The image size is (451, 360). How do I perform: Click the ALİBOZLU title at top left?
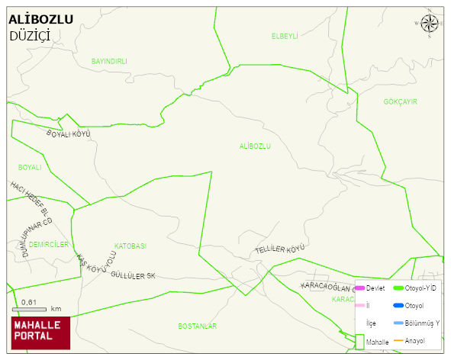[x=41, y=19]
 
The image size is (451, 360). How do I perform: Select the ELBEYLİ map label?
[x=284, y=36]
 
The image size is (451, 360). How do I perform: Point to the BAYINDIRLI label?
[x=108, y=61]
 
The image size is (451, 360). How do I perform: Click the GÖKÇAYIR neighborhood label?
[x=400, y=101]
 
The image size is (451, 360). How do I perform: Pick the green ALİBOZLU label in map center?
[x=254, y=146]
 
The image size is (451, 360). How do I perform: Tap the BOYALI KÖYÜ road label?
[x=69, y=134]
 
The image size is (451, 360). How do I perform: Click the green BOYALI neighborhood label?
[x=30, y=167]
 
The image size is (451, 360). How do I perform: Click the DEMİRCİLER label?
[x=50, y=245]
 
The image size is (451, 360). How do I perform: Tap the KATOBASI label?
[x=130, y=246]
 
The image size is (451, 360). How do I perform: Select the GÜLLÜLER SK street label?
[x=133, y=275]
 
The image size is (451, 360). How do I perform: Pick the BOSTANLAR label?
[x=197, y=326]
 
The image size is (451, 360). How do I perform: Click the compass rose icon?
[x=430, y=24]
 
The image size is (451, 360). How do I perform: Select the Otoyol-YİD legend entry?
[x=415, y=288]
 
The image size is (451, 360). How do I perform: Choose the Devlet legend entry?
[x=369, y=288]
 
